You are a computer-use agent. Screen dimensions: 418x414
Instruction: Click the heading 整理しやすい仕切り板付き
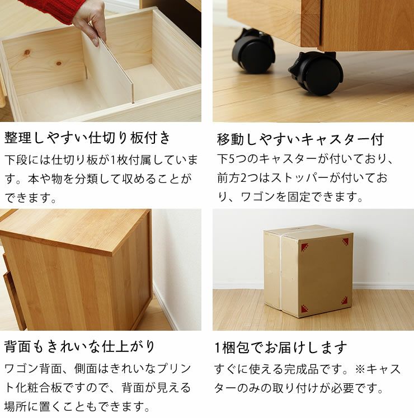click(88, 138)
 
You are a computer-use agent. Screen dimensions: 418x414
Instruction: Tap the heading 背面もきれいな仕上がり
click(79, 347)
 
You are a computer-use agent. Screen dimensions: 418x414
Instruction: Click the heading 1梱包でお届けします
click(281, 347)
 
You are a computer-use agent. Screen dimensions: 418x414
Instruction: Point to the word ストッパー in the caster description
click(324, 179)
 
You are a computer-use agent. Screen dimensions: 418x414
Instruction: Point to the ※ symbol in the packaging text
click(359, 369)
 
